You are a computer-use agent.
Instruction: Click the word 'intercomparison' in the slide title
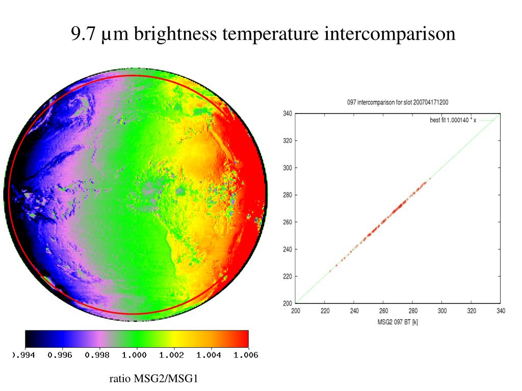click(389, 34)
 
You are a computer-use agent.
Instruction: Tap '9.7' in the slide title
click(82, 34)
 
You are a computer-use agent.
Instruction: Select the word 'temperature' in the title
click(272, 34)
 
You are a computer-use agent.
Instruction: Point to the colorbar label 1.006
click(246, 355)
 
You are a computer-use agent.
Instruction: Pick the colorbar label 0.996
click(60, 355)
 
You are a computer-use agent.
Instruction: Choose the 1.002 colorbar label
click(172, 355)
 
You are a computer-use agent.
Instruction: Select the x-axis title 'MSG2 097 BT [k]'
click(398, 322)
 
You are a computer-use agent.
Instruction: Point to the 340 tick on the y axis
click(287, 114)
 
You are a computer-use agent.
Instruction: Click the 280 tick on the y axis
click(287, 195)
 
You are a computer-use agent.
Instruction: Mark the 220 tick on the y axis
click(287, 276)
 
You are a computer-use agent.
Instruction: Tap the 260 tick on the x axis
click(383, 311)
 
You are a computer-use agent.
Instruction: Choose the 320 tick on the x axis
click(472, 311)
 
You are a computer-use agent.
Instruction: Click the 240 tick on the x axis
click(354, 311)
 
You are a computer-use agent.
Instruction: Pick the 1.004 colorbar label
click(209, 355)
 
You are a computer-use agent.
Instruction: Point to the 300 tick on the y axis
click(287, 168)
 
